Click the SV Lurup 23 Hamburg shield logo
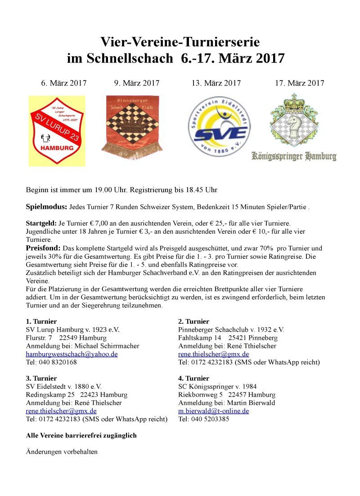(x=56, y=131)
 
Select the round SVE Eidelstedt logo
(x=218, y=126)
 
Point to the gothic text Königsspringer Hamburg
(x=294, y=157)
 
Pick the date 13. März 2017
(x=216, y=83)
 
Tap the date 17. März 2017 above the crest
(x=300, y=83)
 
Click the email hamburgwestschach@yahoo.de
(x=72, y=354)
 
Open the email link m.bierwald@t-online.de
(x=213, y=411)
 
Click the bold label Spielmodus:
(x=46, y=207)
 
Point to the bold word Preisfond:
(x=43, y=248)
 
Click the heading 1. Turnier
(x=41, y=321)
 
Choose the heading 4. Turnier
(x=193, y=378)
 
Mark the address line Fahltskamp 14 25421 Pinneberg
(x=228, y=338)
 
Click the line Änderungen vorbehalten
(x=62, y=452)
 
